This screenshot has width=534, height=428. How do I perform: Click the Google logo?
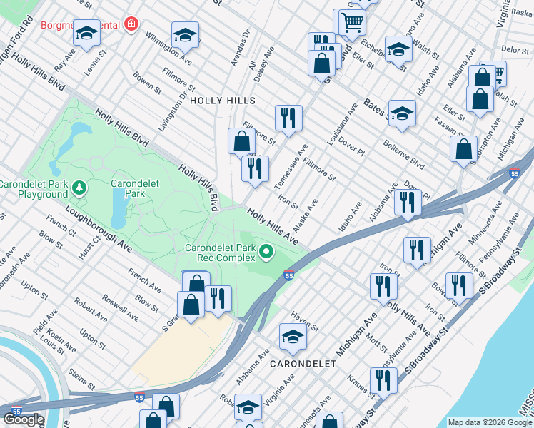[24, 419]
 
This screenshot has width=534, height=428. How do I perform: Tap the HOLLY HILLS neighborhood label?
[223, 101]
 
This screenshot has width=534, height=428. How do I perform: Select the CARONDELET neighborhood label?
[303, 363]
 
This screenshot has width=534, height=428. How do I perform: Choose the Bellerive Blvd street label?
[404, 156]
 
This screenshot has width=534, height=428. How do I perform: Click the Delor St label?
[514, 50]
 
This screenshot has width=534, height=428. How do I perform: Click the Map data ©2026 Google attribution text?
[489, 422]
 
